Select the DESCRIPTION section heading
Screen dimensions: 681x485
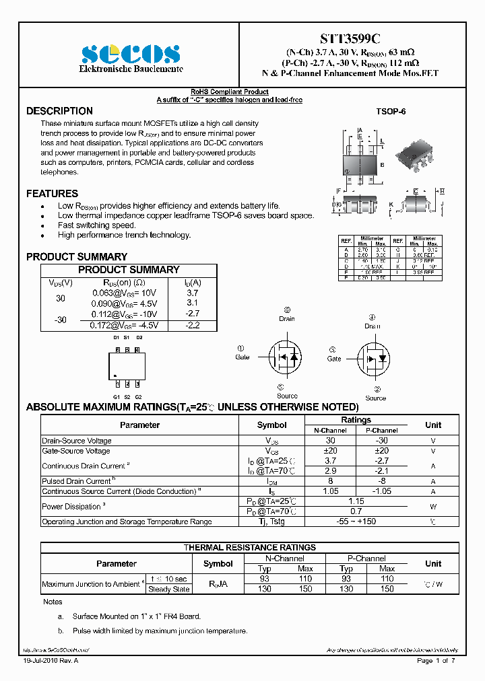(x=59, y=111)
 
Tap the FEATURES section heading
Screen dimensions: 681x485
(x=52, y=194)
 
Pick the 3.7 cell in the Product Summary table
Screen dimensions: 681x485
(x=192, y=293)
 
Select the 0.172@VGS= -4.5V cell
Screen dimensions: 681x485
(x=125, y=325)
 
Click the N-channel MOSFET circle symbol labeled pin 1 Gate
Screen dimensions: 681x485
(x=284, y=356)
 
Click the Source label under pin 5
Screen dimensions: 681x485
(x=287, y=396)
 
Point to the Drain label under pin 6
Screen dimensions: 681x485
(x=287, y=319)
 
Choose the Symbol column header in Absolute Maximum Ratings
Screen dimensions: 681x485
(x=271, y=425)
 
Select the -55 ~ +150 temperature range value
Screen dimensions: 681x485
(x=356, y=522)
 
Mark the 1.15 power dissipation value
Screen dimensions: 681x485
(x=356, y=501)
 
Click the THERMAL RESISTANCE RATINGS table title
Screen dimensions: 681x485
(x=250, y=548)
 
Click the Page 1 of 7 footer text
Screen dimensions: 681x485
(x=436, y=661)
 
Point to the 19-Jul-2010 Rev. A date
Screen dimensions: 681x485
(x=51, y=661)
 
